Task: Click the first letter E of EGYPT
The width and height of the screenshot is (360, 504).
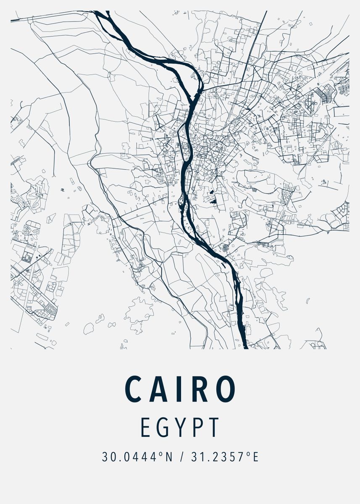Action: point(145,427)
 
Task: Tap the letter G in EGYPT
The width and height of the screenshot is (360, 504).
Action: point(163,427)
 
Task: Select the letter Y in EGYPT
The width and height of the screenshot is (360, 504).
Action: point(179,427)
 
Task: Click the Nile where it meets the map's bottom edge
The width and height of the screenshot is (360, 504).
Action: point(243,347)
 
